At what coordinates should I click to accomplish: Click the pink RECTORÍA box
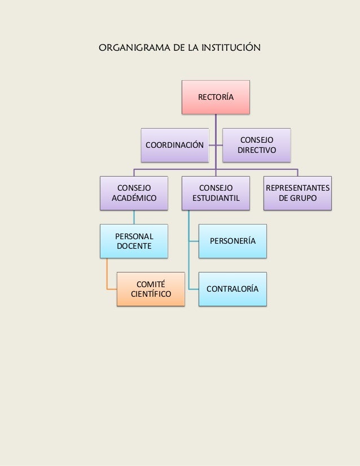[x=215, y=97]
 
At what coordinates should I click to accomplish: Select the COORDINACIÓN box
[x=174, y=145]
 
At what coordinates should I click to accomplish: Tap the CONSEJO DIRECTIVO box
[x=256, y=145]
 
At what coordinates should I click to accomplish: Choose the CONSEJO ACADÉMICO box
[x=134, y=193]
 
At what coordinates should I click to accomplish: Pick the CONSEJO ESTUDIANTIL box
[x=215, y=193]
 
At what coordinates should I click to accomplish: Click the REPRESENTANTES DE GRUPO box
[x=297, y=193]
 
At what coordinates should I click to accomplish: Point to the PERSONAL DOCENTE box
[x=134, y=241]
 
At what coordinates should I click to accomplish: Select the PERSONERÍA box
[x=232, y=241]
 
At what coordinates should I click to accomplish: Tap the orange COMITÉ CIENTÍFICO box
[x=151, y=289]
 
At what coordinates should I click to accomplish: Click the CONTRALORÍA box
[x=232, y=289]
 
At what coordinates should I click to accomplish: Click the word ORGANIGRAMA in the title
[x=131, y=47]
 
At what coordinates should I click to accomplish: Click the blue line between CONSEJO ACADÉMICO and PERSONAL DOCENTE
[x=134, y=217]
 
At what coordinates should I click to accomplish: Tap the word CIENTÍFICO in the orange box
[x=151, y=294]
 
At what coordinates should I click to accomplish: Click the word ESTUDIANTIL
[x=216, y=198]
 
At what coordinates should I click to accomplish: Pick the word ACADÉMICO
[x=134, y=198]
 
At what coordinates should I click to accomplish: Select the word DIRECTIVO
[x=256, y=151]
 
